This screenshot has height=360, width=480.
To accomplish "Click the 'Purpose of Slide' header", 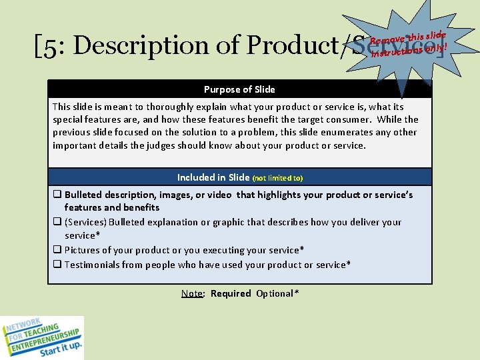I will pyautogui.click(x=239, y=89).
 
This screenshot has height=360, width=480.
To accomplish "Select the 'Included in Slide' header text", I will pyautogui.click(x=213, y=177).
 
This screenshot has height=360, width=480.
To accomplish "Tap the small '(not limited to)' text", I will pyautogui.click(x=277, y=178).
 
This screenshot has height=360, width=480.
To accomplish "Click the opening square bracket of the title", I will pyautogui.click(x=37, y=45).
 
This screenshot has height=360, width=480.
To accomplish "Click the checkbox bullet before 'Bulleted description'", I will pyautogui.click(x=57, y=195).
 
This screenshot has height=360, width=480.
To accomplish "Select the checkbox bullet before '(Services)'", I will pyautogui.click(x=57, y=222).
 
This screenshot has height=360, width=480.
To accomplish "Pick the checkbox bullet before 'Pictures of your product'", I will pyautogui.click(x=57, y=250).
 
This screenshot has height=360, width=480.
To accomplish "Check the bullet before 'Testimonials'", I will pyautogui.click(x=57, y=265).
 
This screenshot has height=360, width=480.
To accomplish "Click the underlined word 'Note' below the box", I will pyautogui.click(x=192, y=293).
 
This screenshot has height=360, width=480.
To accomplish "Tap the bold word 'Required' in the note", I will pyautogui.click(x=231, y=293).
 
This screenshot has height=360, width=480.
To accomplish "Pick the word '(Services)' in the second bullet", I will pyautogui.click(x=85, y=222).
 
